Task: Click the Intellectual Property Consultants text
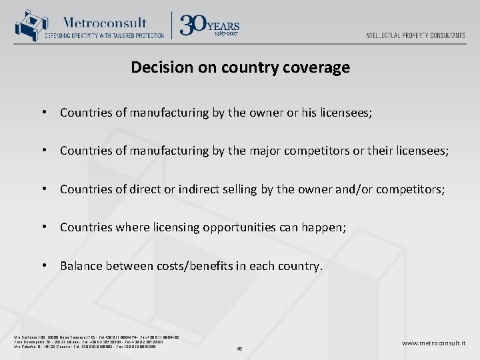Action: point(415,35)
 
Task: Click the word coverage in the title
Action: point(319,67)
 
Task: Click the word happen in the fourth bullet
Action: point(323,227)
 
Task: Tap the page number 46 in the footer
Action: point(239,348)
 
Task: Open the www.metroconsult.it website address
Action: point(433,343)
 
